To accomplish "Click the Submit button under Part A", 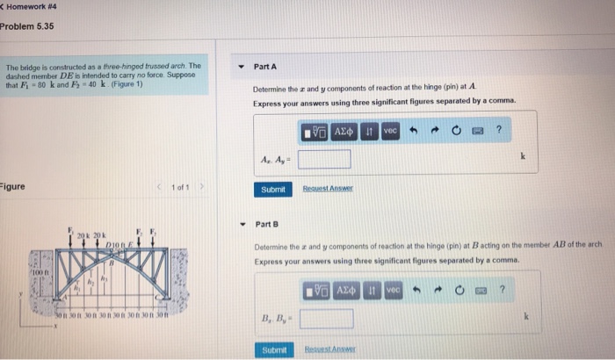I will coord(272,190).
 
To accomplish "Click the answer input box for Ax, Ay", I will coord(324,159).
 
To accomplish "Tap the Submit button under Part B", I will coord(274,350).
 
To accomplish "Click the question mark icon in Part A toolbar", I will coord(499,131).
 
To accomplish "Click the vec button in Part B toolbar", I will coord(393,289).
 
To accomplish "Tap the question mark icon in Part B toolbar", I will coord(502,289).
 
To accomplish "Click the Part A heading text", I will coord(264,67).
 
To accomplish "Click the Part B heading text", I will coord(266,225).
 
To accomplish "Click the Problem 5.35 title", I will coord(27,26).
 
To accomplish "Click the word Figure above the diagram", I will coord(13,187).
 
